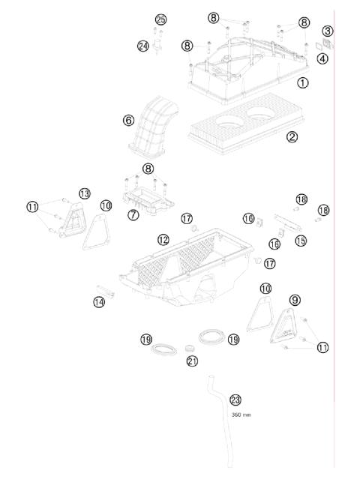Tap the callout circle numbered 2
[292, 136]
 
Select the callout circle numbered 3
[328, 31]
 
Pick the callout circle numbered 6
[128, 120]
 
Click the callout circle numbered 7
[133, 215]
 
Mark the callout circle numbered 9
[295, 300]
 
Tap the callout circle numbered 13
[85, 193]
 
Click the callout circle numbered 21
[192, 361]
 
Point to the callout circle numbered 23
[235, 400]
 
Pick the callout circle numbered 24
[143, 46]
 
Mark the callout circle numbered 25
[160, 19]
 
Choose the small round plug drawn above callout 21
[187, 348]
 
